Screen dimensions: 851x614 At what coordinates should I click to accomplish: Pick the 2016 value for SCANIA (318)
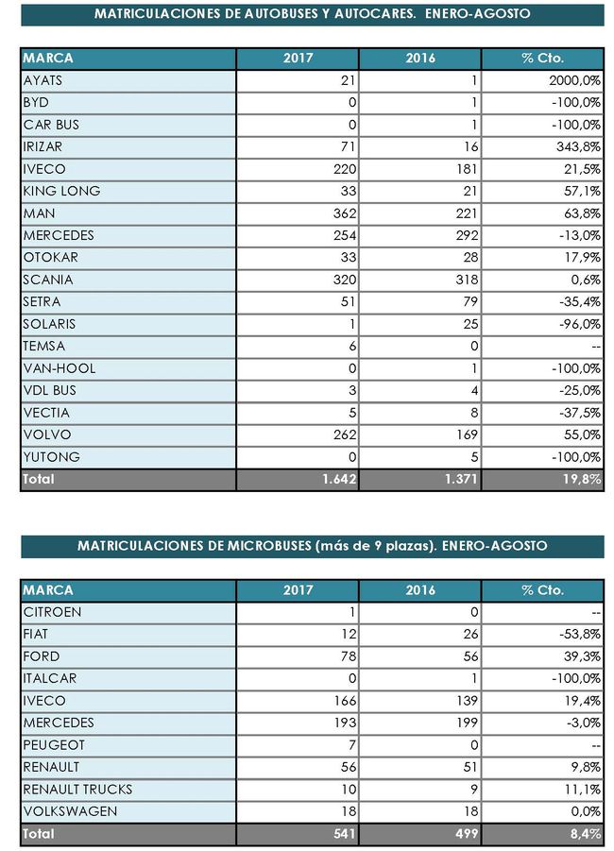click(x=465, y=280)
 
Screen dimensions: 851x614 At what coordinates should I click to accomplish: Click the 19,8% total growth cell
click(x=582, y=479)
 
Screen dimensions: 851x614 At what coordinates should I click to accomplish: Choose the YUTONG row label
click(x=51, y=457)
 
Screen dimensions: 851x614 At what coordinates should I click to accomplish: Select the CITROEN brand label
click(x=52, y=612)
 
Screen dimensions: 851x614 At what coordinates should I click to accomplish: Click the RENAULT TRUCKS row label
click(x=77, y=790)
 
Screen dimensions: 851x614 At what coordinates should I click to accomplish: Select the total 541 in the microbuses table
click(x=336, y=834)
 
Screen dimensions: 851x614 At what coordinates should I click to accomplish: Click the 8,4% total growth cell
click(x=586, y=834)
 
